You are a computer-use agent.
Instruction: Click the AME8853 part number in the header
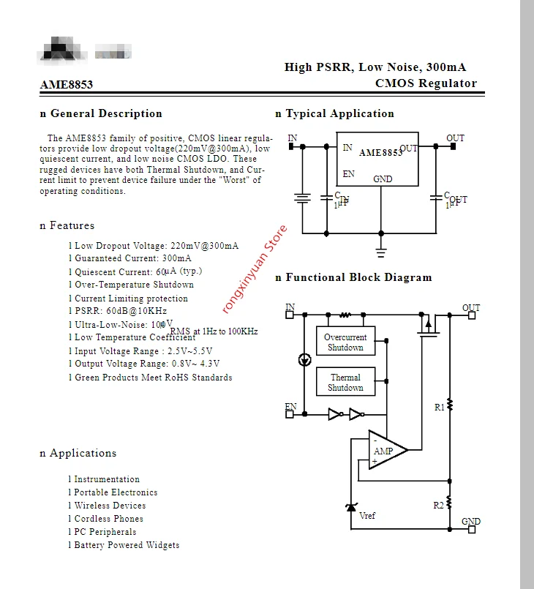(67, 84)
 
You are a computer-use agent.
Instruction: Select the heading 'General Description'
(105, 113)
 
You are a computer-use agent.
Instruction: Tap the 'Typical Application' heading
(339, 113)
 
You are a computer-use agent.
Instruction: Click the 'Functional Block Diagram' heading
(358, 277)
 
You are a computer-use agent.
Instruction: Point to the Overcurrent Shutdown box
(345, 342)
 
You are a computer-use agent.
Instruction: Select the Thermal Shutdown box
(345, 383)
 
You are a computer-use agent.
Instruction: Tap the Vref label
(367, 516)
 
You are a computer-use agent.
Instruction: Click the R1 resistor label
(439, 408)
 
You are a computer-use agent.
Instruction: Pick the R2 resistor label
(438, 505)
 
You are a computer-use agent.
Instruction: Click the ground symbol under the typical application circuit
(380, 252)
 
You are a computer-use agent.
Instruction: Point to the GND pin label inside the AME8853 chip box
(383, 179)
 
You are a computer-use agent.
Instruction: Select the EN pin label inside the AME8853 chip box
(348, 174)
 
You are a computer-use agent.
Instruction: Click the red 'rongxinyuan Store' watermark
(255, 269)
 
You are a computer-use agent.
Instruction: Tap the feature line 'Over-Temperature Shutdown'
(134, 285)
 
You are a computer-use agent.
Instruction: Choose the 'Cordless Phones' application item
(108, 519)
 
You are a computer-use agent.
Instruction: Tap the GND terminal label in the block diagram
(471, 522)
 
